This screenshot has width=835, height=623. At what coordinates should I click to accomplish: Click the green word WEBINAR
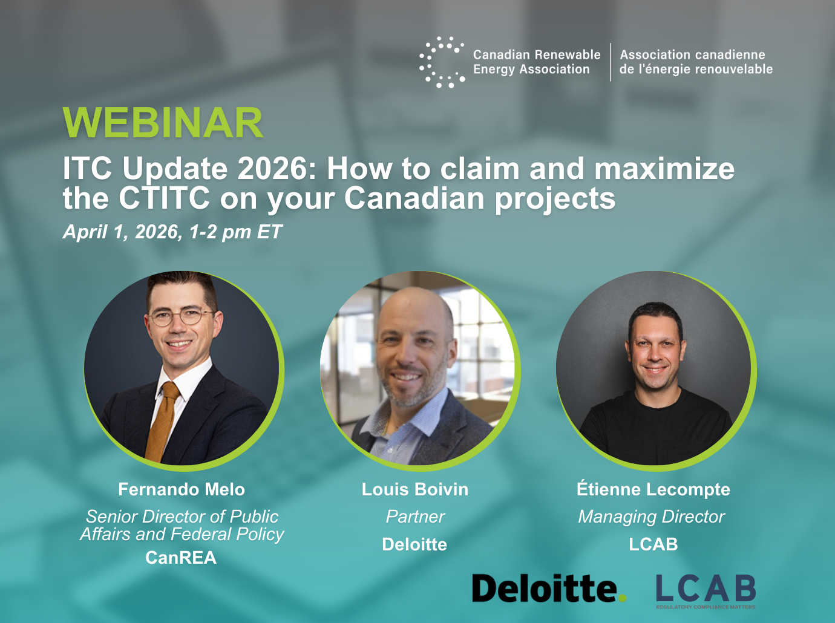coord(162,122)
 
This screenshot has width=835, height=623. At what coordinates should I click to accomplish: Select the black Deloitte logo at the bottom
coord(549,589)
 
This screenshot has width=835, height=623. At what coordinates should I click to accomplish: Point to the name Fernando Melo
coord(182,489)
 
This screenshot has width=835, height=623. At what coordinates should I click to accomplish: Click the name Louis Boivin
coord(415,489)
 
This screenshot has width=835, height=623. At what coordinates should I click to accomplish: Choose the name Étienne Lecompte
coord(653,489)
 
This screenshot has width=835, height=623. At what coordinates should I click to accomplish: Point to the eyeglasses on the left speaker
coord(182,316)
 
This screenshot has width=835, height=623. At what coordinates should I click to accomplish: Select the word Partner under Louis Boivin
coord(415,517)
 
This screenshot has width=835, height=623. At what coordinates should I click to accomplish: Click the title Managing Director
coord(651,517)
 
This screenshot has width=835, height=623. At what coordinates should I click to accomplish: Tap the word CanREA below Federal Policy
coord(181,558)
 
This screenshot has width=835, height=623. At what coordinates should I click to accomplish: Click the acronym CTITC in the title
coord(165,198)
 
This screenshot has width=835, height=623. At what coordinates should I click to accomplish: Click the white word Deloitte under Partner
coord(414,544)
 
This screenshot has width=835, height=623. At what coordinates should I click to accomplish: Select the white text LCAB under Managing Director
coord(653,544)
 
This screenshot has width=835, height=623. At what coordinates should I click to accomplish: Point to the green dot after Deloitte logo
coord(623,598)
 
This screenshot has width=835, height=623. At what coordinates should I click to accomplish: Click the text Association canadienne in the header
coord(692,54)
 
